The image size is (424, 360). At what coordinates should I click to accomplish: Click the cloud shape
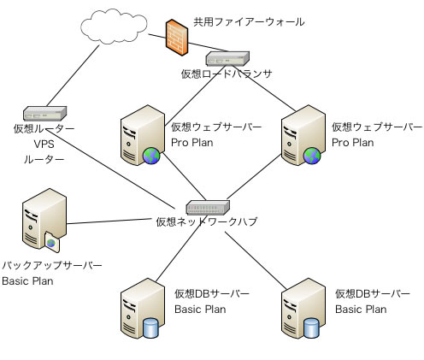point(114,27)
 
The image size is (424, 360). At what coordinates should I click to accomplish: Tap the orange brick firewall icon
point(177,38)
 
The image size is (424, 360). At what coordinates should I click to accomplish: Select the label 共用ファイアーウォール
point(249,22)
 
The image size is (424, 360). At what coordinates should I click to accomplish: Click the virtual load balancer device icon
point(227,58)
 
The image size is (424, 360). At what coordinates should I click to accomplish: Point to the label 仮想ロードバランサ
point(227,74)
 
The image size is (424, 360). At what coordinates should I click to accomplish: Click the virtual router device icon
point(44,114)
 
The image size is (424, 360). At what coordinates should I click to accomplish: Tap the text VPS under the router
point(44,144)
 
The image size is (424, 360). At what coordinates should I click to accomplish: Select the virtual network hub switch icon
point(208,207)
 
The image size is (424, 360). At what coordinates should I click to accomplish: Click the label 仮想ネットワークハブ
point(207,221)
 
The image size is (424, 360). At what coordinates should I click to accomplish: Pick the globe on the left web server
point(151,156)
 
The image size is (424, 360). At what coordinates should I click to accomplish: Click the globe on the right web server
point(312,156)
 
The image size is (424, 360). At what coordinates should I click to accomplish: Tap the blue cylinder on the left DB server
point(150,328)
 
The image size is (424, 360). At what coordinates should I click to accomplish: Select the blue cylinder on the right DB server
point(311,328)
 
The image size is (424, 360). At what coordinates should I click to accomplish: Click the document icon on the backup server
point(52,242)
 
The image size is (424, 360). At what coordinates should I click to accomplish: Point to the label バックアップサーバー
point(52,265)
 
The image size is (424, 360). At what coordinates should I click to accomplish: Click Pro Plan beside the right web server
point(353,143)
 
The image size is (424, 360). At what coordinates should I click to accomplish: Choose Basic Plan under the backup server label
point(27,281)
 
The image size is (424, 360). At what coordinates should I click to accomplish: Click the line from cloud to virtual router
point(73,75)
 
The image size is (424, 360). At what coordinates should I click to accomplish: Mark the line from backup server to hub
point(109,221)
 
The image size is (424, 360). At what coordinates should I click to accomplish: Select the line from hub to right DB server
point(256,260)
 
